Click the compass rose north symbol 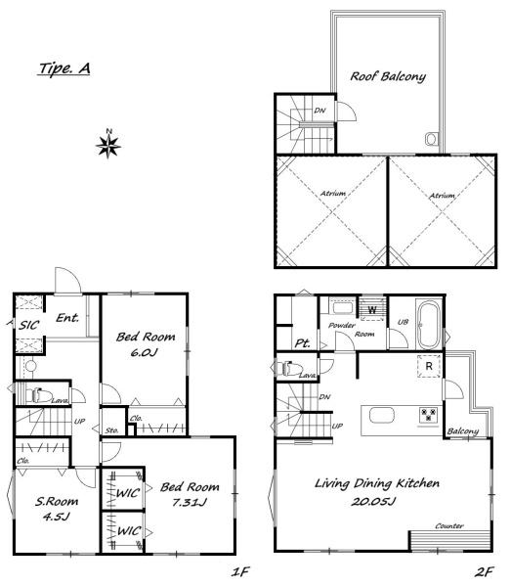pos(108,145)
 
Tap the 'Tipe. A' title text pos(64,68)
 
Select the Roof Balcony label pos(388,76)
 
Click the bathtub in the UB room pos(428,325)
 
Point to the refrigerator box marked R pos(429,366)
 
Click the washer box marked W pos(372,309)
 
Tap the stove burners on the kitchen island pos(428,414)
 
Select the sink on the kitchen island pos(382,415)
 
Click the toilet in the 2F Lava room pos(289,368)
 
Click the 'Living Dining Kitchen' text pos(377,483)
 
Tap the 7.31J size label pos(190,502)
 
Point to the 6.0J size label pos(145,352)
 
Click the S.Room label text pos(57,501)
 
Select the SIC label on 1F pos(28,325)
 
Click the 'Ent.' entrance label pos(67,318)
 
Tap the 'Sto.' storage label pos(111,430)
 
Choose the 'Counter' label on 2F pos(448,526)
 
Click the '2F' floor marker pos(484,571)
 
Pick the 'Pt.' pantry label pos(302,343)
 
